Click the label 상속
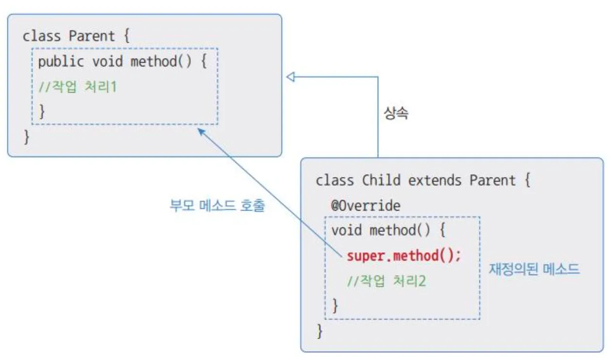click(396, 113)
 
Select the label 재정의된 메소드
click(534, 269)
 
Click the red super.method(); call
click(404, 256)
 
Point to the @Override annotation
click(366, 206)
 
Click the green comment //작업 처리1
click(78, 87)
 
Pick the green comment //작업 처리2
click(386, 281)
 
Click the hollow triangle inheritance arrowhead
click(291, 77)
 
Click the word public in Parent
click(61, 62)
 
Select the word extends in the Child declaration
click(435, 180)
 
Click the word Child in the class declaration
click(381, 180)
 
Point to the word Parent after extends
click(492, 180)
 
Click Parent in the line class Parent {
click(92, 36)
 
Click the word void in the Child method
click(346, 230)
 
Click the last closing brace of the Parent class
click(26, 137)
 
